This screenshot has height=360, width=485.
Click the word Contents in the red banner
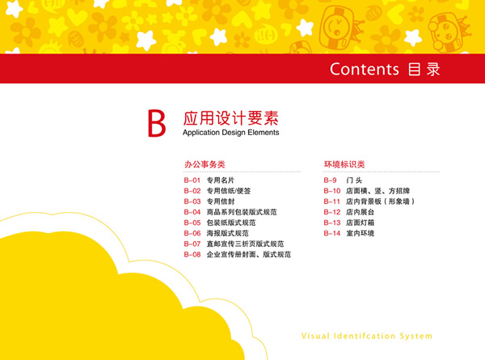pos(365,69)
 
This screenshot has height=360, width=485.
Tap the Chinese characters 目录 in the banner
pos(424,69)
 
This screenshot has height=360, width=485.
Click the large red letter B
pos(157,123)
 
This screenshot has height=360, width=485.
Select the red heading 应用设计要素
pos(230,118)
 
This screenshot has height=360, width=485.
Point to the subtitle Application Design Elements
pos(230,133)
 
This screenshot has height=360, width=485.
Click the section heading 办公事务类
pos(205,164)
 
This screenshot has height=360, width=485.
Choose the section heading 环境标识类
pos(344,164)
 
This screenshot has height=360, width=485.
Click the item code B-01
pos(192,180)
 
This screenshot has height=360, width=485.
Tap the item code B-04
pos(192,212)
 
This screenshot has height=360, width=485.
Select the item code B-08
pos(192,255)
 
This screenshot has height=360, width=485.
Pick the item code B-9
pos(330,180)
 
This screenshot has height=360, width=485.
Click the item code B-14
pos(332,233)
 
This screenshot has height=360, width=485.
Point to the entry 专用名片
pos(221,180)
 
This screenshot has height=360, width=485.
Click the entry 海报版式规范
pos(228,233)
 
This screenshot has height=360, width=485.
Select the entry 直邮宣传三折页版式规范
pos(245,244)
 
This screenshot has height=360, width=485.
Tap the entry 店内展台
pos(361,212)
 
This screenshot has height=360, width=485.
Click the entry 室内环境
pos(361,233)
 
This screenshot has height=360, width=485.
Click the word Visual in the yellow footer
pos(315,336)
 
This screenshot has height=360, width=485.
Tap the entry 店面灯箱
pos(361,222)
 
